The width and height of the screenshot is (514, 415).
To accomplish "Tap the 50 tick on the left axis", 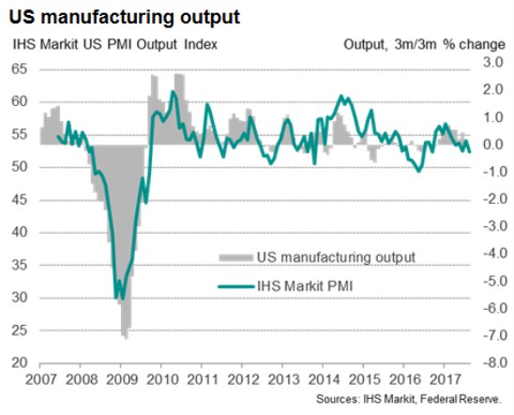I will click(x=18, y=167).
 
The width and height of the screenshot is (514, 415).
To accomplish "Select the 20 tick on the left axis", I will click(x=18, y=363).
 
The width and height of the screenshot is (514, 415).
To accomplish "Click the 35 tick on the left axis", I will click(x=18, y=266).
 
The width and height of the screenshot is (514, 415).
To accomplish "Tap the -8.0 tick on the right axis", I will click(x=491, y=363).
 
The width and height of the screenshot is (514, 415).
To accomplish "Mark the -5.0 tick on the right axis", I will click(x=491, y=282).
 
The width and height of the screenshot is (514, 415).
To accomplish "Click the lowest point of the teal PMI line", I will click(x=116, y=299).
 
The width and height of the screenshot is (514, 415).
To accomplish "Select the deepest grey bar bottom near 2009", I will click(x=125, y=336).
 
